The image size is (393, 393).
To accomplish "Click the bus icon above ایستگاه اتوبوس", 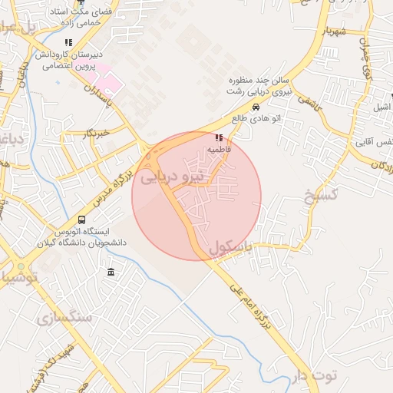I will coord(82,220).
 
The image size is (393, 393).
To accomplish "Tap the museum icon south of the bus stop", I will coord(112,272).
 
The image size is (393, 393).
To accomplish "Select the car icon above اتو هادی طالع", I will coord(256,107).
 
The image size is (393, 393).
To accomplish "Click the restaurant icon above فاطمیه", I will coord(219,138).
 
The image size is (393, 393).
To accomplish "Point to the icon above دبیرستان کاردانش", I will coord(68,43).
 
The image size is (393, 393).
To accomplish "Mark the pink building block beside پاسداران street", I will coord(107,80).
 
